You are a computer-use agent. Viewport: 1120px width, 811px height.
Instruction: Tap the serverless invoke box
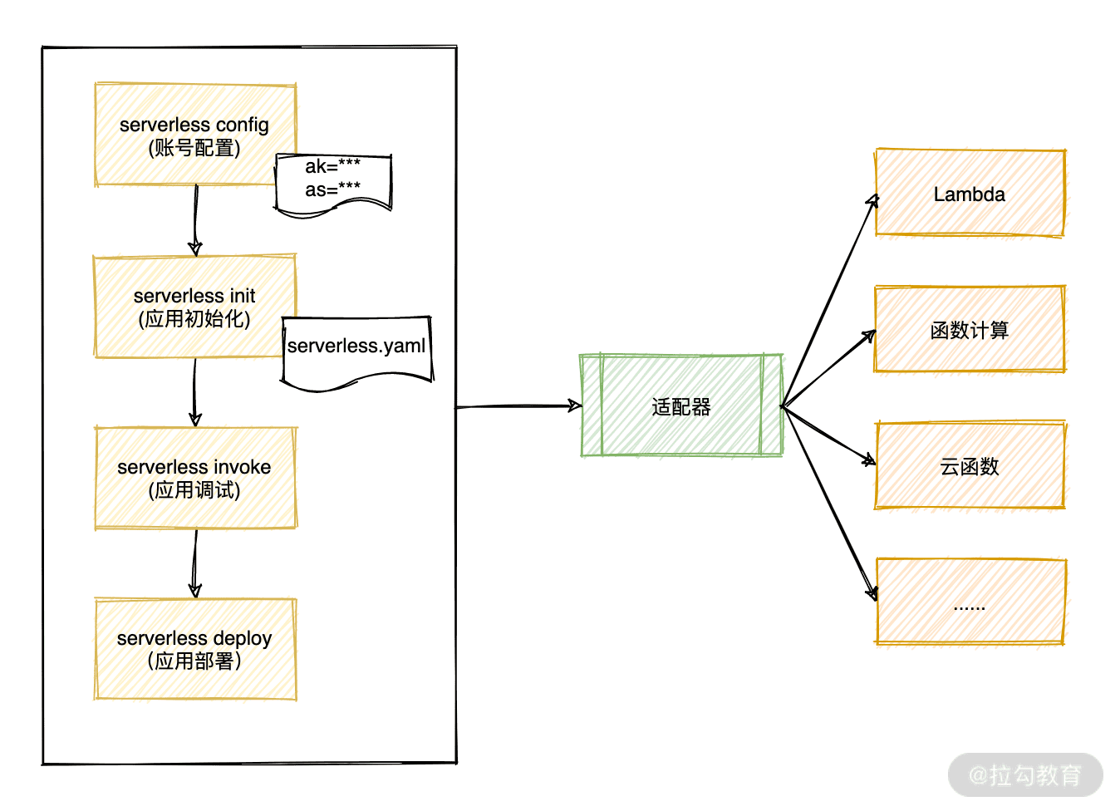coord(195,479)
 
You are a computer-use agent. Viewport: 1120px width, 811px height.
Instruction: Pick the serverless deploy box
coord(195,649)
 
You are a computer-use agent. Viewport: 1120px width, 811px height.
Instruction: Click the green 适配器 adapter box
coord(681,406)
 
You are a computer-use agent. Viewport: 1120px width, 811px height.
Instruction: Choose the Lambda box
coord(970,194)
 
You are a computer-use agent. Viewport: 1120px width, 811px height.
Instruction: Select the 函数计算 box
coord(970,330)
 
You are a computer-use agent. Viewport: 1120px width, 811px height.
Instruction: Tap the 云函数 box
coord(970,466)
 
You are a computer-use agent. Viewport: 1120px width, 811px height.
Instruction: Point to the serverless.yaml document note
coord(356,349)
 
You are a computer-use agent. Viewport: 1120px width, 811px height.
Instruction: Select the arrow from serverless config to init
coord(195,220)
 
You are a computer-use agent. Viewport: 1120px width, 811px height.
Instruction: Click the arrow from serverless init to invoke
coord(194,392)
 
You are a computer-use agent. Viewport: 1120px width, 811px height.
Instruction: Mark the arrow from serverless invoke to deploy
coord(195,563)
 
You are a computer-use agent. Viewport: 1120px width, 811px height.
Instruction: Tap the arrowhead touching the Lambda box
coord(872,201)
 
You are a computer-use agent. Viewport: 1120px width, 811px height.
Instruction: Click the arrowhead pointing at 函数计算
coord(869,336)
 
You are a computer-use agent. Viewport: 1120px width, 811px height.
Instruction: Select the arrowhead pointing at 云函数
coord(869,460)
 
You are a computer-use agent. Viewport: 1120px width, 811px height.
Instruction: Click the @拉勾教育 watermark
coord(1025,775)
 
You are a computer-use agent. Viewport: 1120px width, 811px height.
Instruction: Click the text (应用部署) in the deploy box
coord(195,661)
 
